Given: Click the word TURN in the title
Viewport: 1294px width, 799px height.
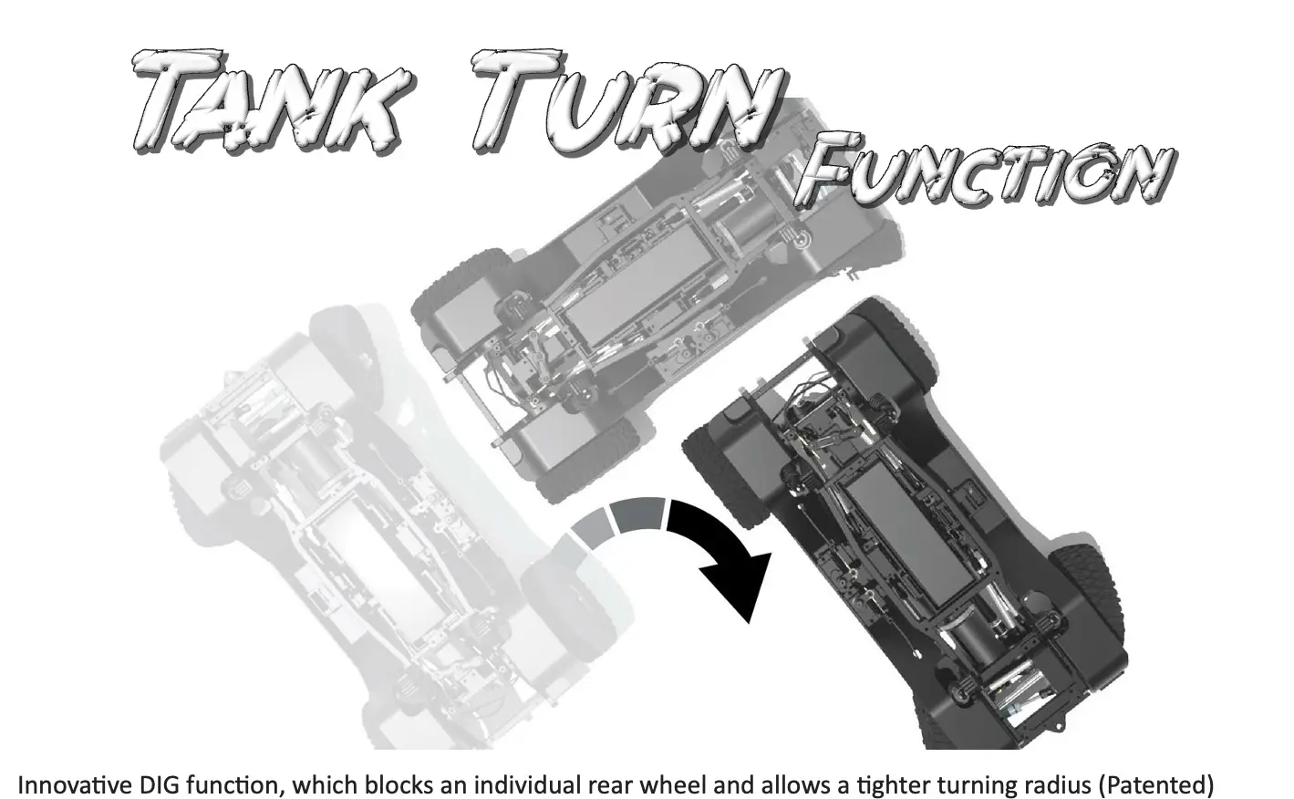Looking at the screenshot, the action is coord(628,103).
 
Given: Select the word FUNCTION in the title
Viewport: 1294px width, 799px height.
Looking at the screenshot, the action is coord(986,170).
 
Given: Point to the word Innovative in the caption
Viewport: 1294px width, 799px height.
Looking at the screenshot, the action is coord(76,785).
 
